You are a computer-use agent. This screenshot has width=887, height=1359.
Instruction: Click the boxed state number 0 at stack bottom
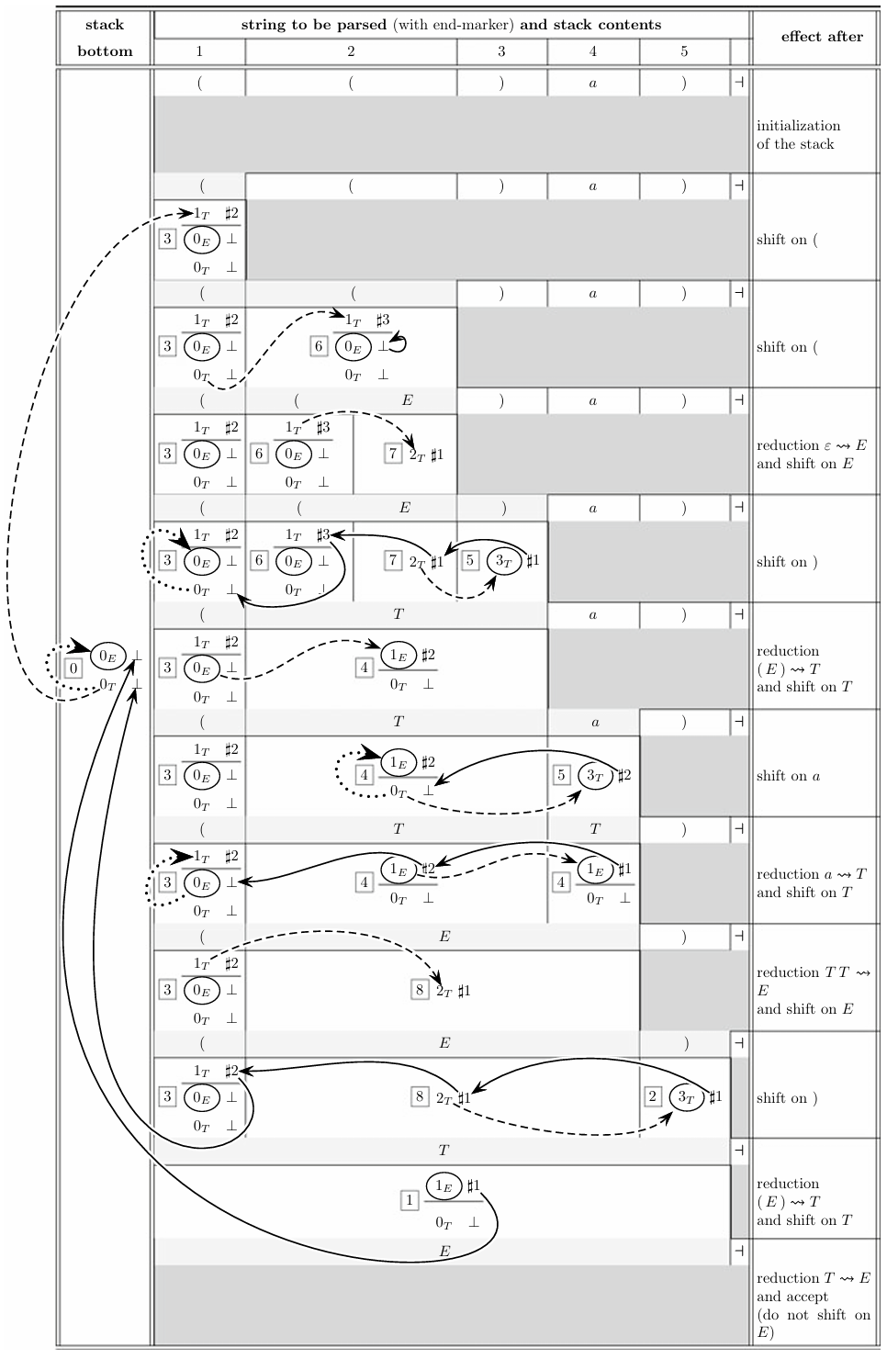74,668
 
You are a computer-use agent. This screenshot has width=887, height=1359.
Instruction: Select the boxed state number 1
410,1200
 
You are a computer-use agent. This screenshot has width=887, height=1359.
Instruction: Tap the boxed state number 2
653,1096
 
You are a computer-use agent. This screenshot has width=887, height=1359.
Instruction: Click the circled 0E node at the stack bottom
107,656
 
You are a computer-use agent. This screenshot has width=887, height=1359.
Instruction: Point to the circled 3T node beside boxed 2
686,1096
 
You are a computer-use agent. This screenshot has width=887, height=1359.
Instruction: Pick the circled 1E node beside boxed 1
444,1185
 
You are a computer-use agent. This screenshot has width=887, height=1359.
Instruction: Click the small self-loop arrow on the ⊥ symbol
398,344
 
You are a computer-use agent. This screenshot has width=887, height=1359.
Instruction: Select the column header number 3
501,51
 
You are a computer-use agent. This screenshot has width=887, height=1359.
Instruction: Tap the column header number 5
684,51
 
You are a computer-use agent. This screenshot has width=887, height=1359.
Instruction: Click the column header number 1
199,51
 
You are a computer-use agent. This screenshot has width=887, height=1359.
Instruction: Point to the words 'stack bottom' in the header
105,38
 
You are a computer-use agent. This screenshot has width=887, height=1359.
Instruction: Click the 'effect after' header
822,37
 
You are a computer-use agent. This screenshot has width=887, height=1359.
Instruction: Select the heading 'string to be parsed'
314,25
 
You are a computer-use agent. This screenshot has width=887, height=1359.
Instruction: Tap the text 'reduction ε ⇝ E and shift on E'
812,455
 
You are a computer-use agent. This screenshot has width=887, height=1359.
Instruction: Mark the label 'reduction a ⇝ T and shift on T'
812,883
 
